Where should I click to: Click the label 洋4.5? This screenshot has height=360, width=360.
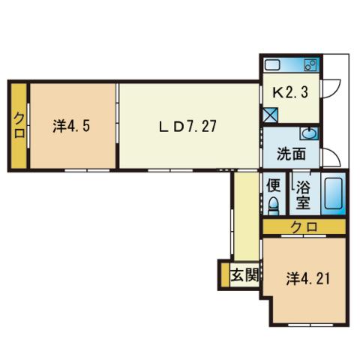click(x=72, y=125)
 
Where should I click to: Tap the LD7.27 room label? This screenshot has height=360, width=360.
click(x=187, y=125)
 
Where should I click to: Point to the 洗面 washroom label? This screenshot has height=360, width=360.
click(x=290, y=154)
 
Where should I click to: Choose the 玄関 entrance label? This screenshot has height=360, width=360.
click(x=245, y=275)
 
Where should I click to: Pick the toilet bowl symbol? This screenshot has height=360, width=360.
click(x=274, y=204)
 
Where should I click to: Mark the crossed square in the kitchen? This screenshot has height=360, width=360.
click(x=270, y=115)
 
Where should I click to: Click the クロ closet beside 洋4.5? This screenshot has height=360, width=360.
click(x=17, y=125)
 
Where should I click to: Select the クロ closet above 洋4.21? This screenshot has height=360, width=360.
click(x=304, y=226)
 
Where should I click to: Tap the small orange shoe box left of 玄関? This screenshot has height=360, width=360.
click(x=223, y=275)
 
